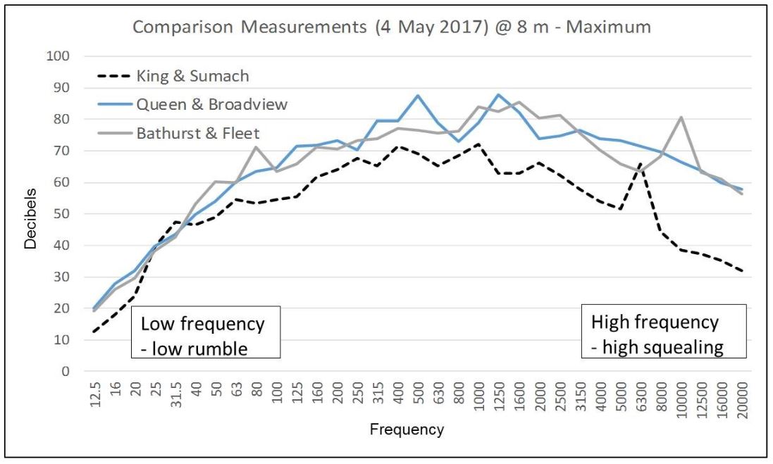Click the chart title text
pos(392,28)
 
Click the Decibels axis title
pos(30,214)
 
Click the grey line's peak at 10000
pos(681,118)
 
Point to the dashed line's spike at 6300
pos(641,164)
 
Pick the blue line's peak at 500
pos(418,95)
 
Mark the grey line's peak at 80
pos(256,146)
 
